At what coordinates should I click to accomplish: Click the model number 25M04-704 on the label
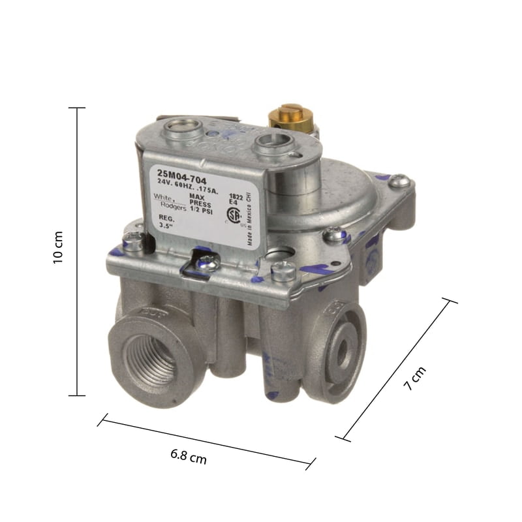[177, 173]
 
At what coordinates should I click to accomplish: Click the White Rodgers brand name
[164, 200]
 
